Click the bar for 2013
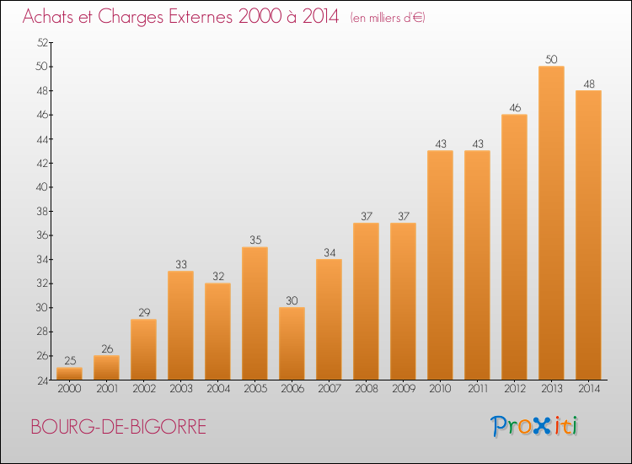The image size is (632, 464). tap(551, 223)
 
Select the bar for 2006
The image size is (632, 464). tap(292, 343)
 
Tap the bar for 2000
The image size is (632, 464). tap(69, 374)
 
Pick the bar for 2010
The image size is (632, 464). tap(440, 265)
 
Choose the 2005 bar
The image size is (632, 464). tap(254, 313)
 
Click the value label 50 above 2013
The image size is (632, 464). tap(551, 59)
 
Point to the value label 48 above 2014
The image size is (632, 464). tap(589, 84)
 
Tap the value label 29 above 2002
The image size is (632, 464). tap(144, 313)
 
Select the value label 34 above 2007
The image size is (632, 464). tap(329, 252)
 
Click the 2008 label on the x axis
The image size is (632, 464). tap(367, 389)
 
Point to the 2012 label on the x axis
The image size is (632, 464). tap(515, 389)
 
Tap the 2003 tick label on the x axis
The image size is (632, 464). tap(181, 389)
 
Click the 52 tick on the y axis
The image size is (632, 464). tap(42, 42)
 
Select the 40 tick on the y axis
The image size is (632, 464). tap(42, 187)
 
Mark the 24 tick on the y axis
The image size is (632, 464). tap(42, 380)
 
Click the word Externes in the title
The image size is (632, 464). tap(201, 17)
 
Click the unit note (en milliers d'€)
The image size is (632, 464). tap(388, 19)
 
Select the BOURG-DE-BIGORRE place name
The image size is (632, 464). tap(119, 427)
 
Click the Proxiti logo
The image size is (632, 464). tap(534, 426)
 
